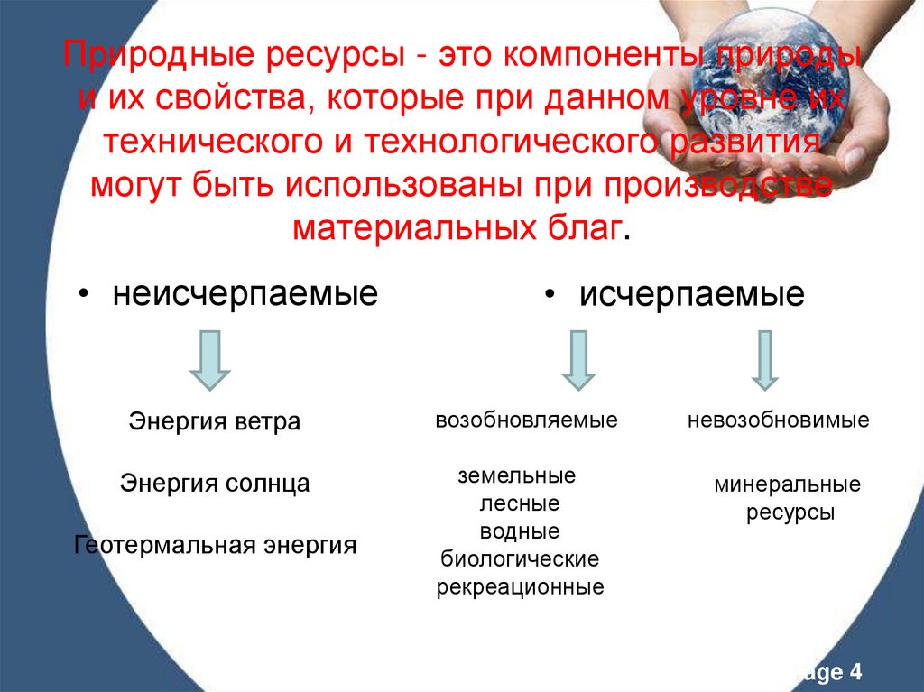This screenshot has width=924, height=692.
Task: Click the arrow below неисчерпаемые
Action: [x=209, y=359]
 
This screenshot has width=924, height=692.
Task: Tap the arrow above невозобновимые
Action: [x=764, y=359]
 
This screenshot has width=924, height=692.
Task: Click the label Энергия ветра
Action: [x=215, y=421]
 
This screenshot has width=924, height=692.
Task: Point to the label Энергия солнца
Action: [x=215, y=484]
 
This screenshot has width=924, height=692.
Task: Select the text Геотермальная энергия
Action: [x=216, y=545]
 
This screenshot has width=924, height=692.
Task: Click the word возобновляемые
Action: [x=526, y=420]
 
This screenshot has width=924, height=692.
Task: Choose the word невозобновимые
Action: [x=778, y=420]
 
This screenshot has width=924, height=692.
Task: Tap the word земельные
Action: [x=516, y=475]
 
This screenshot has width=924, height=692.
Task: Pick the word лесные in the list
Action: [x=519, y=503]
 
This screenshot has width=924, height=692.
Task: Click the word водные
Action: [x=520, y=531]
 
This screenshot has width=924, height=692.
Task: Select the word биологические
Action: [x=520, y=559]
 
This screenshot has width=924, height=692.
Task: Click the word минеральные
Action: [x=788, y=485]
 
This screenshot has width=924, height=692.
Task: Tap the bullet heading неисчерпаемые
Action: [x=245, y=293]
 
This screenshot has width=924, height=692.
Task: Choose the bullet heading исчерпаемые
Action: [x=691, y=295]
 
